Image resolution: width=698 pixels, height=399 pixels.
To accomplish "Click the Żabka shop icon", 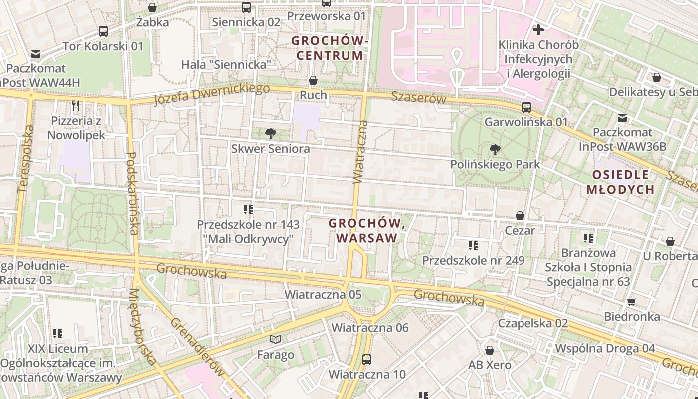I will pyautogui.click(x=152, y=7).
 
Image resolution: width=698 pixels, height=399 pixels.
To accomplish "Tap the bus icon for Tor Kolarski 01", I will pyautogui.click(x=103, y=31).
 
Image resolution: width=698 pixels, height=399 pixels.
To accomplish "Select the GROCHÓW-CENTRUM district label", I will pyautogui.click(x=330, y=48).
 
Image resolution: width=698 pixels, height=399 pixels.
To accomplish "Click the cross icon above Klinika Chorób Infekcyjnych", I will pyautogui.click(x=538, y=30).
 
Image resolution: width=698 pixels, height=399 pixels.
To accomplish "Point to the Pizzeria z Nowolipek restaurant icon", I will pyautogui.click(x=76, y=106).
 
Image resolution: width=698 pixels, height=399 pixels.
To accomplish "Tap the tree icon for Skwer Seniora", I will pyautogui.click(x=271, y=134).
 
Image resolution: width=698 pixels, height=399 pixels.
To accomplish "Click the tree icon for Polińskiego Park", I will pyautogui.click(x=495, y=149).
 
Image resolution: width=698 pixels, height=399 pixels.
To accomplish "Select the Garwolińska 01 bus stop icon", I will pyautogui.click(x=526, y=107).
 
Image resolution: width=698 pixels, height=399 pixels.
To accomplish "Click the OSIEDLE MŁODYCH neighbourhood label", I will pyautogui.click(x=620, y=182).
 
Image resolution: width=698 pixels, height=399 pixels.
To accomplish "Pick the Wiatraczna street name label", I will pyautogui.click(x=360, y=152).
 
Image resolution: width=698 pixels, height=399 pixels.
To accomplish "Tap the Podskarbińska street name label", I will pyautogui.click(x=132, y=194).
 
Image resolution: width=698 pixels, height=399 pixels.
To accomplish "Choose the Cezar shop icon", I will pyautogui.click(x=520, y=216).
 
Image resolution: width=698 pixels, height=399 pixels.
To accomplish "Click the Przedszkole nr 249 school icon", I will pyautogui.click(x=473, y=245).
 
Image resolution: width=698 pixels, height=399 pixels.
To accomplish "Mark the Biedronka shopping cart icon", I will pyautogui.click(x=632, y=302).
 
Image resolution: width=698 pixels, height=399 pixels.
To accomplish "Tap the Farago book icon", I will pyautogui.click(x=276, y=340).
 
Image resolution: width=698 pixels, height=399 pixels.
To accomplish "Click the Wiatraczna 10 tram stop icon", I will pyautogui.click(x=367, y=359).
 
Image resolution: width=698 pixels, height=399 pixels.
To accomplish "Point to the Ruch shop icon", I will pyautogui.click(x=313, y=80).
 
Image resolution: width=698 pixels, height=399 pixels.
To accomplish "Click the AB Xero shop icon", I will pyautogui.click(x=490, y=350).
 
